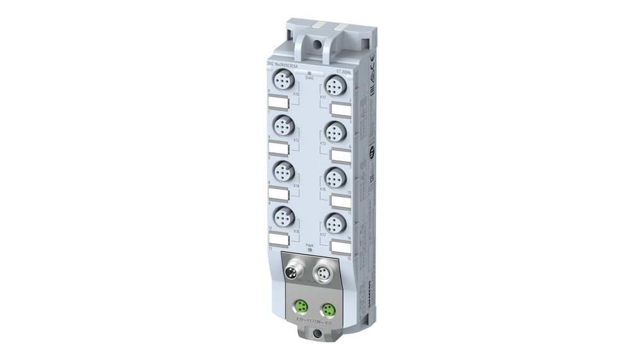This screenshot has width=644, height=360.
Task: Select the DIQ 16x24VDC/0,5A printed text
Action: tap(284, 66)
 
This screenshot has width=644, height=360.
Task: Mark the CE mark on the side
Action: tap(374, 61)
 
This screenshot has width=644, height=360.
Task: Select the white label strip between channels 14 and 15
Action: tap(340, 248)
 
